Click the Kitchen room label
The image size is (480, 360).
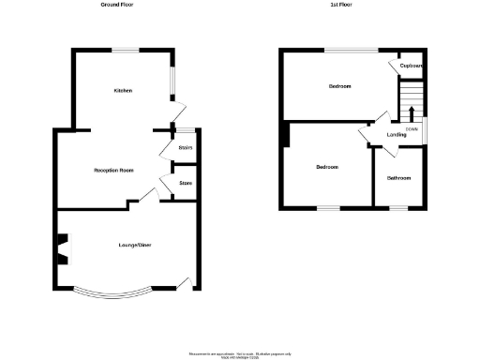[123, 91]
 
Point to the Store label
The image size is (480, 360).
[186, 183]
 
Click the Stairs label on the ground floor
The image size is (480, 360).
[186, 148]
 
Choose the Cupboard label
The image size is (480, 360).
[412, 66]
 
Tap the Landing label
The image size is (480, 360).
[397, 135]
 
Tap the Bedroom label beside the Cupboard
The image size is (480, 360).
[339, 87]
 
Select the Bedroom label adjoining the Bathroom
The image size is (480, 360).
[326, 167]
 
